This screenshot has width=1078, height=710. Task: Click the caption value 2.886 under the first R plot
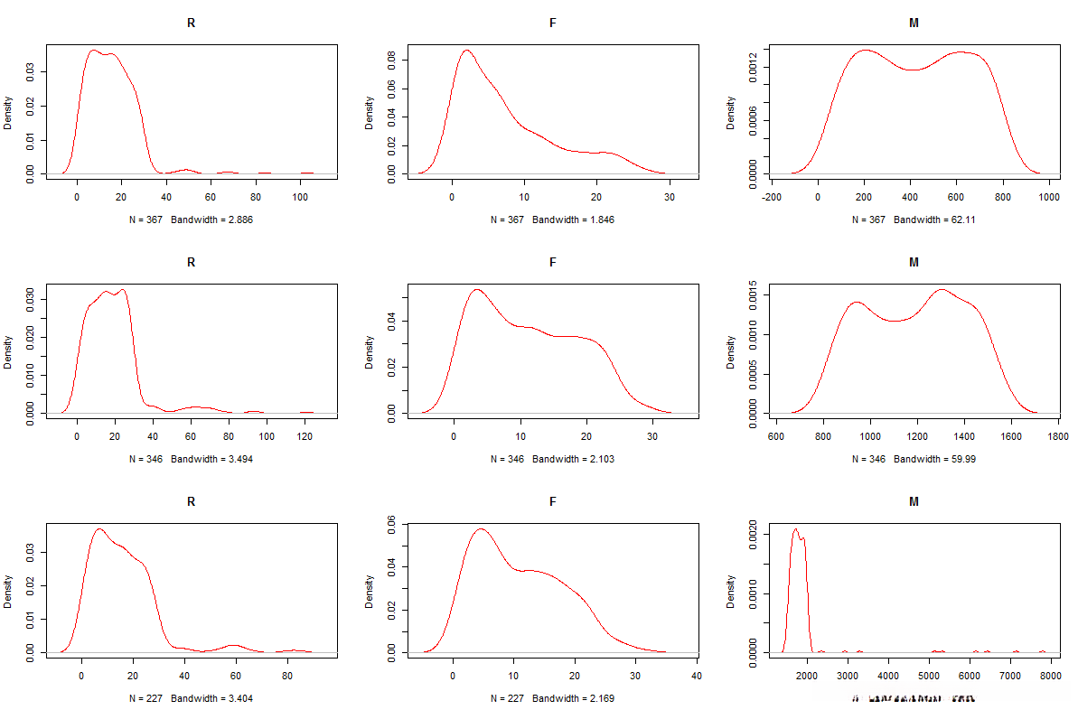coord(239,220)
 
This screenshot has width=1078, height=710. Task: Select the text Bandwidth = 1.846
coord(574,220)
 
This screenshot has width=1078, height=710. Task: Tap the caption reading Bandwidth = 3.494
coord(218,459)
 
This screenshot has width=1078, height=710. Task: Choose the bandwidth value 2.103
coord(600,459)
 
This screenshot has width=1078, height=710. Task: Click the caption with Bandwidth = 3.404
coord(218,697)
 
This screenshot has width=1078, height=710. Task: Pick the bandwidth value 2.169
coord(600,697)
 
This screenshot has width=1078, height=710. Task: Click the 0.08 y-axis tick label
coord(392,60)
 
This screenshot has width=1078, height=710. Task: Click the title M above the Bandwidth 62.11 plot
coord(914,23)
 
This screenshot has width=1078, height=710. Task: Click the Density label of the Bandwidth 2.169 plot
coord(370,591)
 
